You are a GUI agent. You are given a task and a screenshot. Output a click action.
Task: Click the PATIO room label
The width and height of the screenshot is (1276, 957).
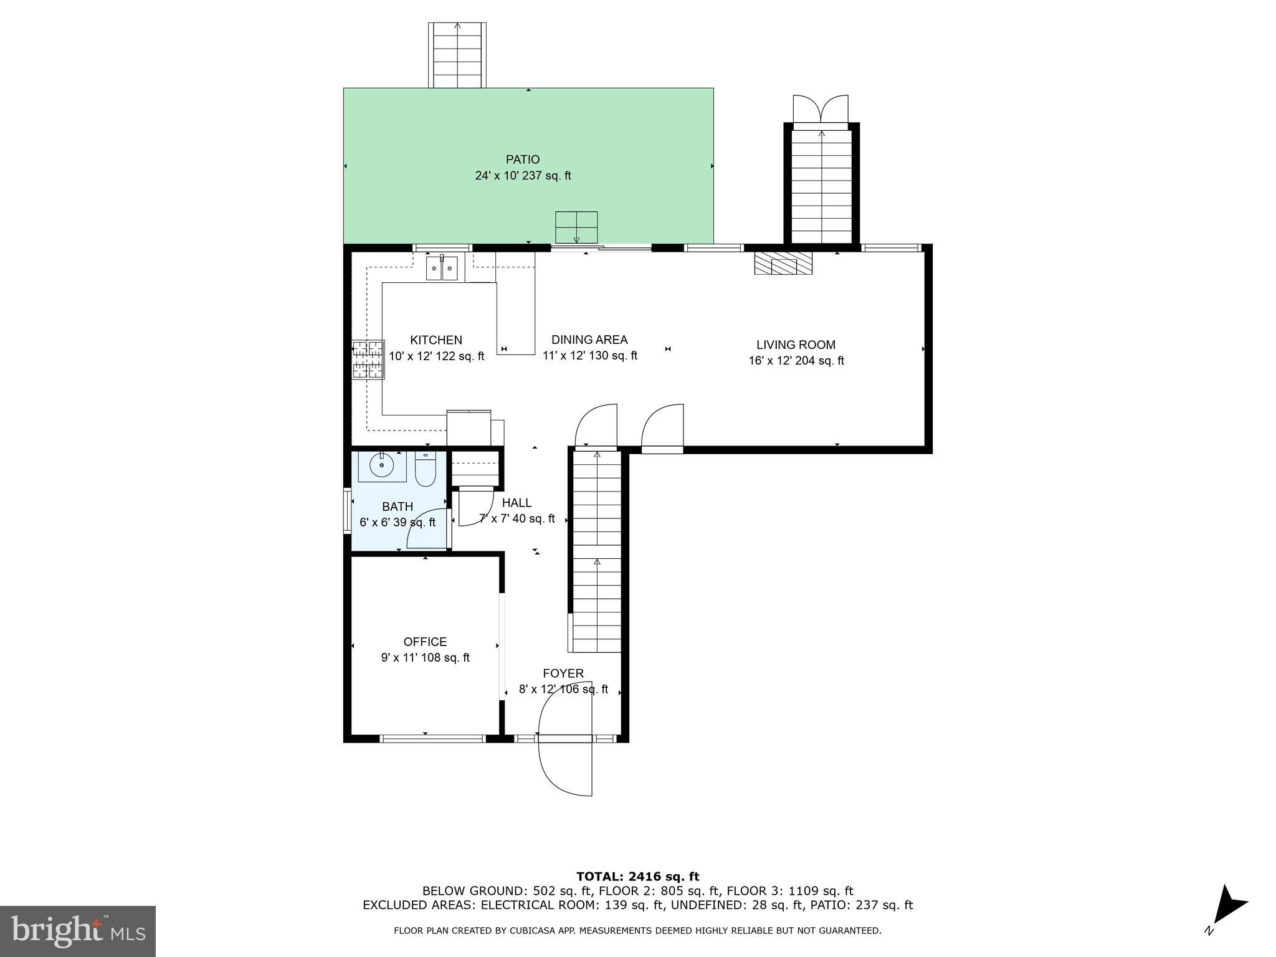click(x=522, y=160)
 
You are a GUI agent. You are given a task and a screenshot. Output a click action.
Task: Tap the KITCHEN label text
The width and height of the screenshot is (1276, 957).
click(x=436, y=340)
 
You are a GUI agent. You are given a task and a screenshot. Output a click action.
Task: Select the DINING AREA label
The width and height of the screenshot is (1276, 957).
click(x=589, y=340)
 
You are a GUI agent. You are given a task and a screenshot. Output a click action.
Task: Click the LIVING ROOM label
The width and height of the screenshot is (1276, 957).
click(x=796, y=345)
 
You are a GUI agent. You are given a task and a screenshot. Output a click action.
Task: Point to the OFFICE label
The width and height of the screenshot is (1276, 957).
click(x=425, y=642)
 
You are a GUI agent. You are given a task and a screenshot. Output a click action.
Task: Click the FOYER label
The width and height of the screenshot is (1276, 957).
click(x=563, y=674)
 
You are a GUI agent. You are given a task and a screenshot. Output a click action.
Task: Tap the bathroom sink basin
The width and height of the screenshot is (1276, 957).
click(x=381, y=465)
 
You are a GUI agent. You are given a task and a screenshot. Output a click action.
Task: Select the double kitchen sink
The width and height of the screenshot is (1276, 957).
click(x=442, y=268)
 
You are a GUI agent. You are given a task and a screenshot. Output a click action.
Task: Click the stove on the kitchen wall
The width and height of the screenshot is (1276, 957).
click(x=368, y=359)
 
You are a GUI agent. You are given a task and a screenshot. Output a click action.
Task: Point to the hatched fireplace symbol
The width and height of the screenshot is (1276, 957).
click(x=784, y=264)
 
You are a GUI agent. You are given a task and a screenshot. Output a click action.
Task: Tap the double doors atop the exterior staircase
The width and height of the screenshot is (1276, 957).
click(x=821, y=111)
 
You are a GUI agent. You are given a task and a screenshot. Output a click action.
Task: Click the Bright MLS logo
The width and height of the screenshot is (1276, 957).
click(x=78, y=931)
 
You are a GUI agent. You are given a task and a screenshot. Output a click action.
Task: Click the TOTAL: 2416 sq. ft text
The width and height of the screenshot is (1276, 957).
click(x=637, y=877)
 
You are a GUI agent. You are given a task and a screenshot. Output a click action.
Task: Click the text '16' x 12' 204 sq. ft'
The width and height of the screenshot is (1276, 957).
click(x=796, y=361)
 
